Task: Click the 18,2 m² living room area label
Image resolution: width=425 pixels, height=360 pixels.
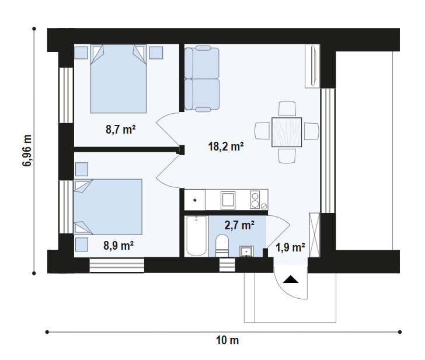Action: pyautogui.click(x=226, y=146)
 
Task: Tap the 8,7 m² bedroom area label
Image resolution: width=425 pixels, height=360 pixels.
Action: pyautogui.click(x=121, y=130)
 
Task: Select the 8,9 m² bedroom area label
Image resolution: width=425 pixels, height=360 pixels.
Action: pyautogui.click(x=119, y=246)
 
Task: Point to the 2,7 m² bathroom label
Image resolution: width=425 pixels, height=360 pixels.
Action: pyautogui.click(x=239, y=225)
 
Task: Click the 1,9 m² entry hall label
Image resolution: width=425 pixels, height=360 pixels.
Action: pyautogui.click(x=290, y=247)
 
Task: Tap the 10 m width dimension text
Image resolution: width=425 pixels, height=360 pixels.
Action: pyautogui.click(x=228, y=341)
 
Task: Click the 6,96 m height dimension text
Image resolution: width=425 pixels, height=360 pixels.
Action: pyautogui.click(x=27, y=151)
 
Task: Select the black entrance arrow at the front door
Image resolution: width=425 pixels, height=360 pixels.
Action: pyautogui.click(x=291, y=279)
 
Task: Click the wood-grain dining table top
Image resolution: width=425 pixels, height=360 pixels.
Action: pyautogui.click(x=287, y=132)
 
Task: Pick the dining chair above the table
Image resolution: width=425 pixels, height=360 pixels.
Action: pyautogui.click(x=287, y=109)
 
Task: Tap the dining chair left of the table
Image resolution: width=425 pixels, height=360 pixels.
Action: pyautogui.click(x=262, y=131)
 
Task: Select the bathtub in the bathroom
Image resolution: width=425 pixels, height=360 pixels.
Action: pyautogui.click(x=196, y=236)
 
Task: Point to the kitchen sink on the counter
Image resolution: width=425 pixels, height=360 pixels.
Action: pyautogui.click(x=228, y=200)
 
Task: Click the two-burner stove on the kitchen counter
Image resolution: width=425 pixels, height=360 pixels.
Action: pyautogui.click(x=255, y=200)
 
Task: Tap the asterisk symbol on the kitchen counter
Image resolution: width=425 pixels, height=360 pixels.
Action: pyautogui.click(x=194, y=201)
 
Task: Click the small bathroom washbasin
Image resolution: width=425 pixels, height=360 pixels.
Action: pyautogui.click(x=246, y=251)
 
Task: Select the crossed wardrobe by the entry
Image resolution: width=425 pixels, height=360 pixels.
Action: pyautogui.click(x=315, y=235)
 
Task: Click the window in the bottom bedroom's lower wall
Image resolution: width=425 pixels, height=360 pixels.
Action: pyautogui.click(x=117, y=265)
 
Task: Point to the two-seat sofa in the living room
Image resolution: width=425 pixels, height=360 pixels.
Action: pyautogui.click(x=202, y=79)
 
